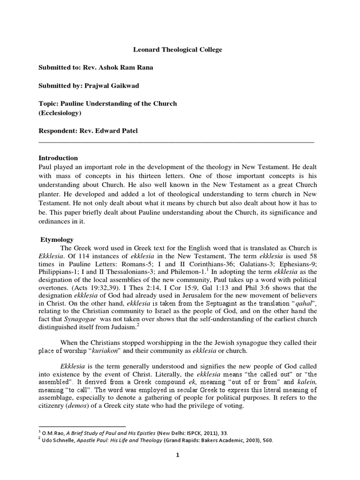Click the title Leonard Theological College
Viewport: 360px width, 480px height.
pos(175,49)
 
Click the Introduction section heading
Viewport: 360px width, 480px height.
pos(58,158)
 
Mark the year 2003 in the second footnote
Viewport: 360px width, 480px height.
pos(256,441)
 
